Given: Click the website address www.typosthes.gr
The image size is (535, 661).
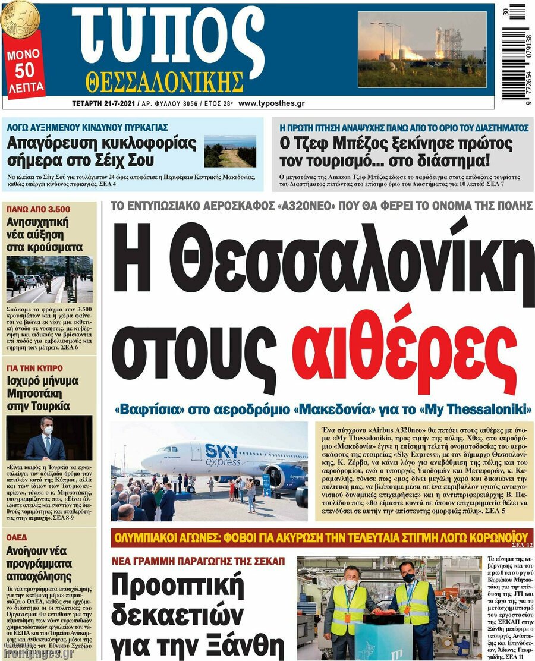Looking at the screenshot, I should tap(271, 103).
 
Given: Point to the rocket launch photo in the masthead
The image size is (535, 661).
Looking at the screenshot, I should tap(421, 49).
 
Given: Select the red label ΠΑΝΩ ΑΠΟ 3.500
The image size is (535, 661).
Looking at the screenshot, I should tap(38, 209).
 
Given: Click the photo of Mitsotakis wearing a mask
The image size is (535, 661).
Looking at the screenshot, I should tap(49, 437).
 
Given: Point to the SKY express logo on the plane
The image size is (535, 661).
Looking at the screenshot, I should tap(223, 455).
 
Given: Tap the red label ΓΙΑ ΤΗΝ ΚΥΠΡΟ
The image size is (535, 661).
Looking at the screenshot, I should tap(34, 368).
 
